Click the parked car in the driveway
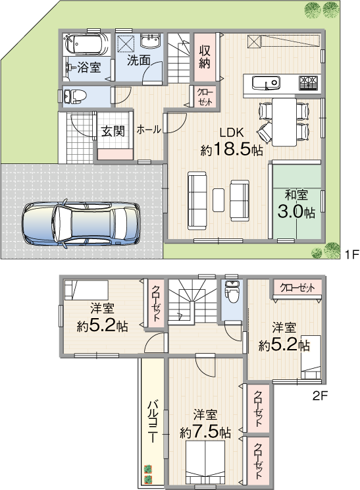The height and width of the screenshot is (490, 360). pyautogui.click(x=82, y=223)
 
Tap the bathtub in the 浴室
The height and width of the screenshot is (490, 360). pyautogui.click(x=86, y=43)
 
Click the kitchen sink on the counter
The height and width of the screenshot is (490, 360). pyautogui.click(x=266, y=83)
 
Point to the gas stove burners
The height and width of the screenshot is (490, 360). pyautogui.click(x=309, y=83)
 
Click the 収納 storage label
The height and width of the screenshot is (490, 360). pyautogui.click(x=205, y=57)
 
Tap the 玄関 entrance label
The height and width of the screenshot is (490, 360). pyautogui.click(x=113, y=131)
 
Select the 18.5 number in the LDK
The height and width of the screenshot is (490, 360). pyautogui.click(x=232, y=150)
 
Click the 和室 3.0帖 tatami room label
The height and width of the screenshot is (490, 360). pyautogui.click(x=296, y=205)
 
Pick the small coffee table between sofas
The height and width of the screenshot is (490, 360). pyautogui.click(x=219, y=200)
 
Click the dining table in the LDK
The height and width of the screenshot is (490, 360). pyautogui.click(x=284, y=122)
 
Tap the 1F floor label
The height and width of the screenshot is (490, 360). pyautogui.click(x=352, y=254)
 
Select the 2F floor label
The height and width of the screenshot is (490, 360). pyautogui.click(x=320, y=396)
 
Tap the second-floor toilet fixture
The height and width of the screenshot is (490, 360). pyautogui.click(x=232, y=292)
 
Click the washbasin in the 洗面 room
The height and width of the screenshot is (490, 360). pyautogui.click(x=151, y=41)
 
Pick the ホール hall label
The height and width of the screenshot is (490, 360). pyautogui.click(x=149, y=129)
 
